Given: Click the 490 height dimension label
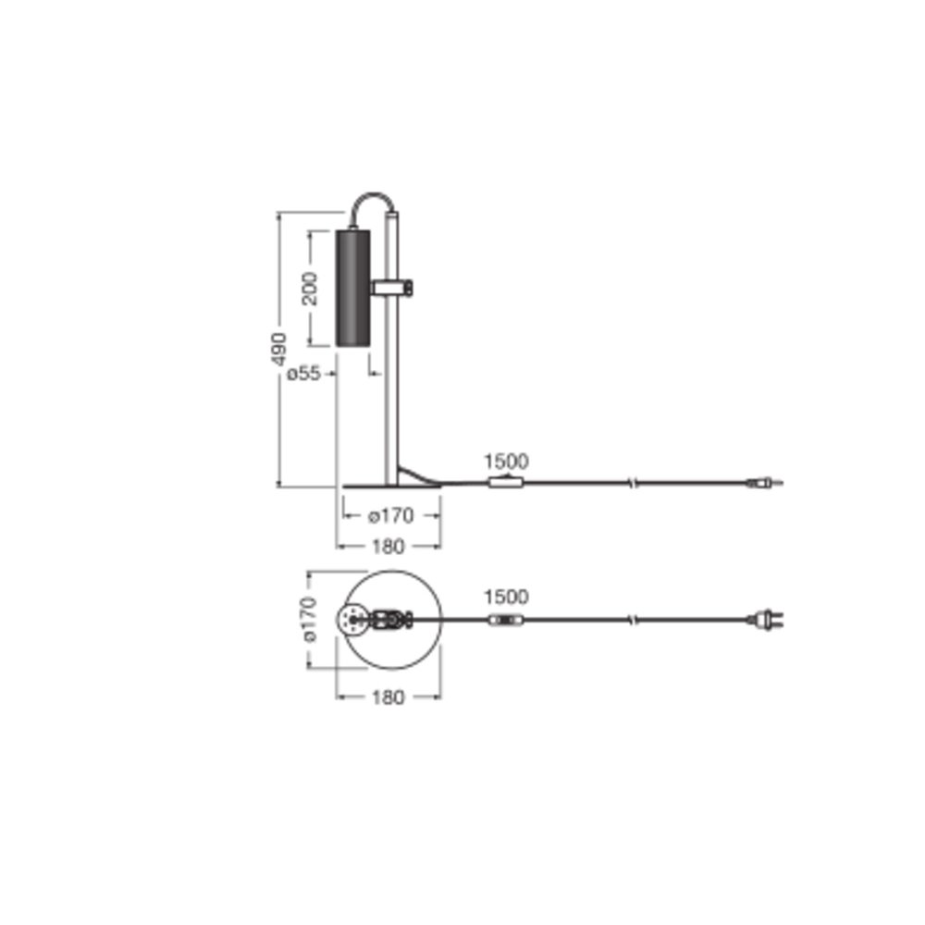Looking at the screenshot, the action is click(x=278, y=349).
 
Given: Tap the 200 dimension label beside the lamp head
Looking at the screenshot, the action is click(x=310, y=289).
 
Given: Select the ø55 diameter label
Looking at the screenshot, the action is click(x=303, y=374).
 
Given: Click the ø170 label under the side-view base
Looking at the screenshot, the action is click(x=391, y=515).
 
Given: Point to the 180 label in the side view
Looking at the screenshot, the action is click(x=388, y=547).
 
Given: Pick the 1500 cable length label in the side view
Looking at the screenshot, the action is click(x=506, y=462).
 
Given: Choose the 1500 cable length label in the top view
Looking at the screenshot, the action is click(x=506, y=597).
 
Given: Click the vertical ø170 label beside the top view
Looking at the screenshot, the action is click(x=310, y=619).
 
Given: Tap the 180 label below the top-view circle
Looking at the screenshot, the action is click(x=388, y=697).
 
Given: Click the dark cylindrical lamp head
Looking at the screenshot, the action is click(x=352, y=288).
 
